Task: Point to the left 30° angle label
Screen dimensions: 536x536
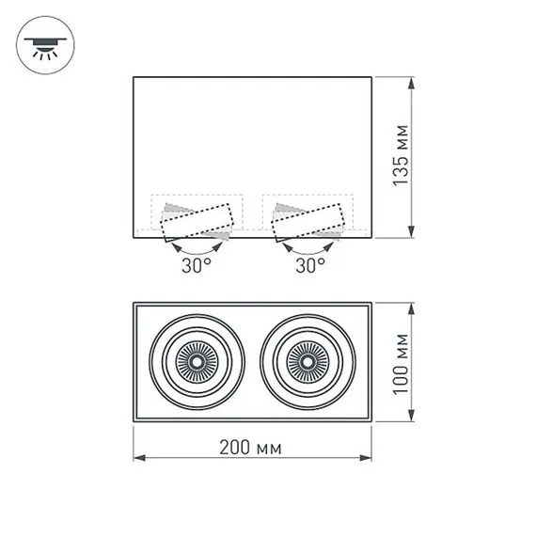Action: click(x=197, y=265)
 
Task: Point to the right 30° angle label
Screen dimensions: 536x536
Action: click(x=309, y=265)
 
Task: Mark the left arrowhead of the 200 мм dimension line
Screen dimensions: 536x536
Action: click(x=137, y=458)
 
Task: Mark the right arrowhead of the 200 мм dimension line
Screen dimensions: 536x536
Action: click(x=368, y=458)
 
